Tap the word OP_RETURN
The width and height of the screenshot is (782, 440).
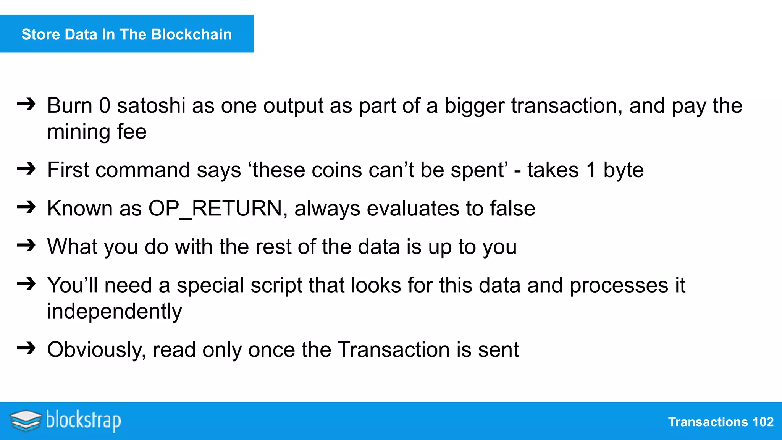point(215,209)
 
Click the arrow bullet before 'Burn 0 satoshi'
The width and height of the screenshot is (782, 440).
point(26,104)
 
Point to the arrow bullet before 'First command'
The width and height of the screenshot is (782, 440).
point(26,168)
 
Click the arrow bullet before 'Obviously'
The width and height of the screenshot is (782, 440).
point(26,348)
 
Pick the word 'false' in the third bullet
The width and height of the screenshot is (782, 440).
point(512,209)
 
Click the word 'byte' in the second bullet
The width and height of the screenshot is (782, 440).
point(624,170)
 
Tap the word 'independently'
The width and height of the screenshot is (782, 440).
point(115,311)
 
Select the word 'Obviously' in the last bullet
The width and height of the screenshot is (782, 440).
point(97,350)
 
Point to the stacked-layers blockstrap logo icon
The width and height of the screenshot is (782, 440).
point(26,421)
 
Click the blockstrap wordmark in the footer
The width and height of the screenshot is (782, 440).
point(84,421)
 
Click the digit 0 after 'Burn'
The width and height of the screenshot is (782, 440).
point(105,105)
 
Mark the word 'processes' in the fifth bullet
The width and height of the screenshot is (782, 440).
point(619,285)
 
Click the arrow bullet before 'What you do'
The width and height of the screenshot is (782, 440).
point(26,245)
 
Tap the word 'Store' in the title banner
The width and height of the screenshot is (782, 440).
point(40,34)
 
